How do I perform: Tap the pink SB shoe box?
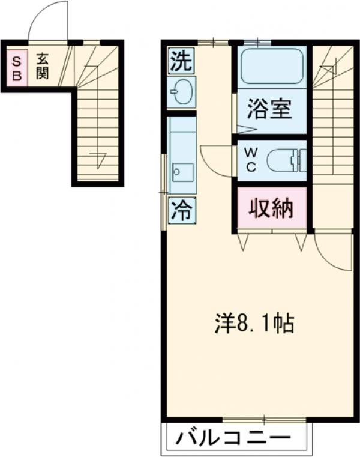tap(17, 68)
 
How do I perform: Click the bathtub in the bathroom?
tap(271, 67)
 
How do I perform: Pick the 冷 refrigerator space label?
tap(181, 210)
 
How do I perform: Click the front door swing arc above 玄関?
tap(49, 21)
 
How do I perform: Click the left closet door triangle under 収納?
tap(243, 241)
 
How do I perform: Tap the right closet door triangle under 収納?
tap(301, 241)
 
